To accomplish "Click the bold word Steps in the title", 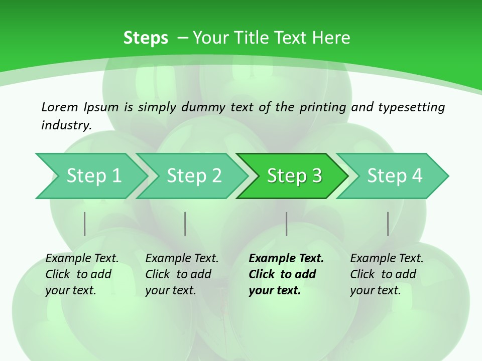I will click(146, 38).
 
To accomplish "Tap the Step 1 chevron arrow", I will click(93, 176).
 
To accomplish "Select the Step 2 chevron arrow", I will click(194, 176).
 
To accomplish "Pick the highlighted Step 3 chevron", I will click(294, 176).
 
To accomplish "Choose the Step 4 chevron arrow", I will click(395, 176).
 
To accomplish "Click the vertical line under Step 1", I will click(85, 224).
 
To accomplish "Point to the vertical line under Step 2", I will click(185, 224).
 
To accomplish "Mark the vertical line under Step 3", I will click(287, 224).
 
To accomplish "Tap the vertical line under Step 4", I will click(388, 224).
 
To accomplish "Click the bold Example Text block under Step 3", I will click(286, 274).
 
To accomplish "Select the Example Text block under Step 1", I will click(82, 274).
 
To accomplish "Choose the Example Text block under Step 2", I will click(182, 274).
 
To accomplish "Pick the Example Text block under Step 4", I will click(387, 274).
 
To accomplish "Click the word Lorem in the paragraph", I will click(60, 107).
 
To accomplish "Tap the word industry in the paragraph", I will click(66, 125).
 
